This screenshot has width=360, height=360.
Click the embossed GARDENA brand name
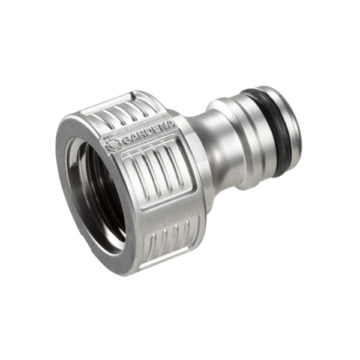(149, 133)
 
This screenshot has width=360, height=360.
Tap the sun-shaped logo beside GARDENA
(113, 145)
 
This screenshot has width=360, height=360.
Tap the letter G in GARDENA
(126, 140)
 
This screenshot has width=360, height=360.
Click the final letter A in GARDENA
(170, 125)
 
